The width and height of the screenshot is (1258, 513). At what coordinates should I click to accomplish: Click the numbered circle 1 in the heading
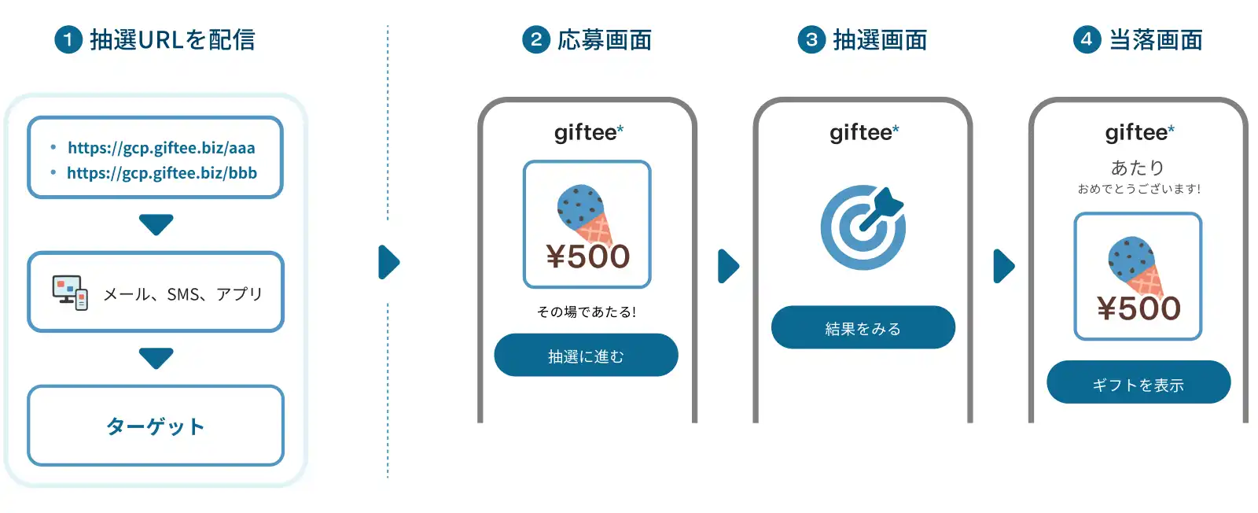(68, 40)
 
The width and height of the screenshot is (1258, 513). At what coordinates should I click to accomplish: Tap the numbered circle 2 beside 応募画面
(536, 40)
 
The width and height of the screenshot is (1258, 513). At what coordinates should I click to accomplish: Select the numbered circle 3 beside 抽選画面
(811, 40)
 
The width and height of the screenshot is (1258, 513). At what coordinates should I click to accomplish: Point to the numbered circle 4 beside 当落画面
(1087, 40)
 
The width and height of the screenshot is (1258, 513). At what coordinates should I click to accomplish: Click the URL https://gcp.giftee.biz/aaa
(161, 148)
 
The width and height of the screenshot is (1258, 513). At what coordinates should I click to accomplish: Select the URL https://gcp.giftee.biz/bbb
(161, 173)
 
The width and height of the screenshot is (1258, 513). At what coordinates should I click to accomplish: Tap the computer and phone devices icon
(70, 293)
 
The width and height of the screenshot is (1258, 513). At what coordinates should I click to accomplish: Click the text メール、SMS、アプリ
(183, 294)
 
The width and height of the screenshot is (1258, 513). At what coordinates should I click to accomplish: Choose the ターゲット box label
(156, 426)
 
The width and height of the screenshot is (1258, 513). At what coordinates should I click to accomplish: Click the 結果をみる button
(863, 328)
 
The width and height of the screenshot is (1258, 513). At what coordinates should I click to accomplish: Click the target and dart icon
(863, 227)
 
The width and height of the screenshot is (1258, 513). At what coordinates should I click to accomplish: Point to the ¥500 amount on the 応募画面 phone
(587, 256)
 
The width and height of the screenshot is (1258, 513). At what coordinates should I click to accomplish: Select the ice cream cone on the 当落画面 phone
(1135, 266)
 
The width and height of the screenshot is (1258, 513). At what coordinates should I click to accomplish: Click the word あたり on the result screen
(1137, 167)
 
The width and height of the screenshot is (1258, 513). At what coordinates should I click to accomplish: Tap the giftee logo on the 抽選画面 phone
(863, 132)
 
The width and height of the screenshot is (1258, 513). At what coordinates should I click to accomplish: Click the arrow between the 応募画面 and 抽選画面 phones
(728, 266)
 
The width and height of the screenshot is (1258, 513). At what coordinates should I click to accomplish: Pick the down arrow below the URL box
(156, 224)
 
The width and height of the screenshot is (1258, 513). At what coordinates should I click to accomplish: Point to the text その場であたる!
(587, 312)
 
